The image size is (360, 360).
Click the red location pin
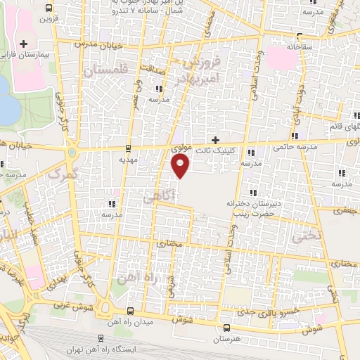pos(181,167)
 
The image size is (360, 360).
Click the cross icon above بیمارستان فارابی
pos(22,44)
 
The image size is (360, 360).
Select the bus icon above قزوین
pos(47,9)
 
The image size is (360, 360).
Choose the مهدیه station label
pos(127,160)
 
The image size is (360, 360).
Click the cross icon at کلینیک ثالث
pos(215,139)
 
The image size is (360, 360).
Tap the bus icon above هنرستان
pos(226,328)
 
